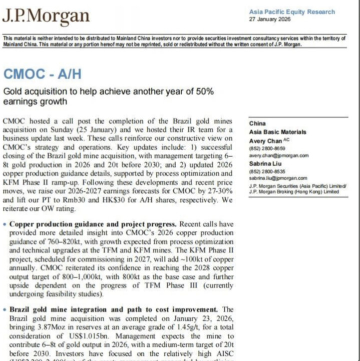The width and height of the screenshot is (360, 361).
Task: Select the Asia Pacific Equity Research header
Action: pos(292,12)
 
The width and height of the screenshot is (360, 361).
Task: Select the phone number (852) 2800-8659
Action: pos(264,149)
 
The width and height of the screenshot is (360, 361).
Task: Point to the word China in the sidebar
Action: pos(257,124)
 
